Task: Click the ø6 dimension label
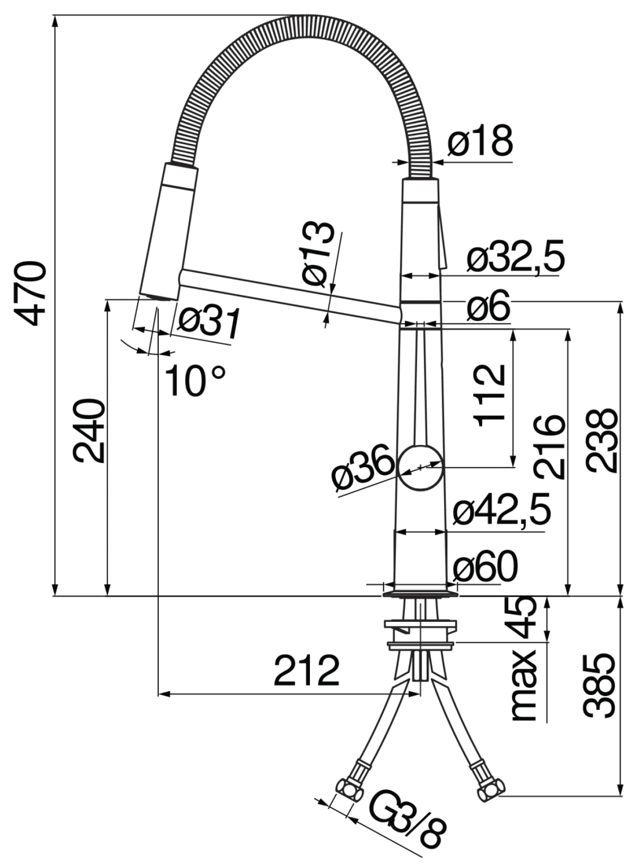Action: click(487, 310)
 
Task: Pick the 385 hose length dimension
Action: click(598, 686)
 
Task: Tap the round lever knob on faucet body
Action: click(421, 467)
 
